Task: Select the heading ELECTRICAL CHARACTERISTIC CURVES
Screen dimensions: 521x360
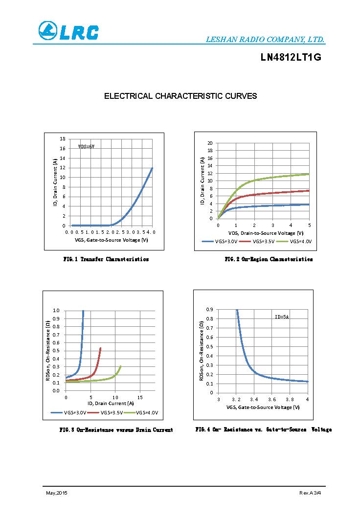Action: pyautogui.click(x=180, y=96)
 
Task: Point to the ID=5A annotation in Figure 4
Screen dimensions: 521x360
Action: pyautogui.click(x=282, y=317)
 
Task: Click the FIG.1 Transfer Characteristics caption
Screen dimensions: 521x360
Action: pyautogui.click(x=106, y=259)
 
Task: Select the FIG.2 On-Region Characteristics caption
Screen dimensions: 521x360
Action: pyautogui.click(x=269, y=259)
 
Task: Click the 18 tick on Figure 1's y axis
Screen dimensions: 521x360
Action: pyautogui.click(x=62, y=139)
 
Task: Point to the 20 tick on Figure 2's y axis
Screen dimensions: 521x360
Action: pyautogui.click(x=210, y=143)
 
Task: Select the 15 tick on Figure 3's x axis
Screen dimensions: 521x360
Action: pyautogui.click(x=140, y=397)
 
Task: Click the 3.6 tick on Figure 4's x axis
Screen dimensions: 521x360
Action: pyautogui.click(x=272, y=400)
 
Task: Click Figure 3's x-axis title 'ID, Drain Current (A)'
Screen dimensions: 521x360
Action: pyautogui.click(x=111, y=404)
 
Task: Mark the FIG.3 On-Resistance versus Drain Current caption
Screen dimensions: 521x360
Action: pyautogui.click(x=116, y=430)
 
